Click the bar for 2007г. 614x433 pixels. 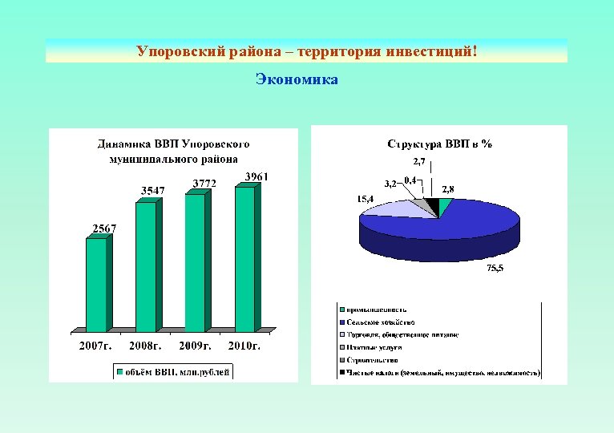tap(96, 285)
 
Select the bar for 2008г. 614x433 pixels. tap(146, 266)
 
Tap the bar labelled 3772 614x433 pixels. tap(196, 262)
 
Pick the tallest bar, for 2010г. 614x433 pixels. tap(244, 258)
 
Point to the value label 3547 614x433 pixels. tap(153, 190)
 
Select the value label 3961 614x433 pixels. tap(257, 176)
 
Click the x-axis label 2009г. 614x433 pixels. tap(195, 346)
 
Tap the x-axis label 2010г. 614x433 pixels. tap(244, 346)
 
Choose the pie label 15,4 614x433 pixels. tap(366, 198)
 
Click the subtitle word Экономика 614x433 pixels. tap(297, 79)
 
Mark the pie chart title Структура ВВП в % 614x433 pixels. tap(439, 144)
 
